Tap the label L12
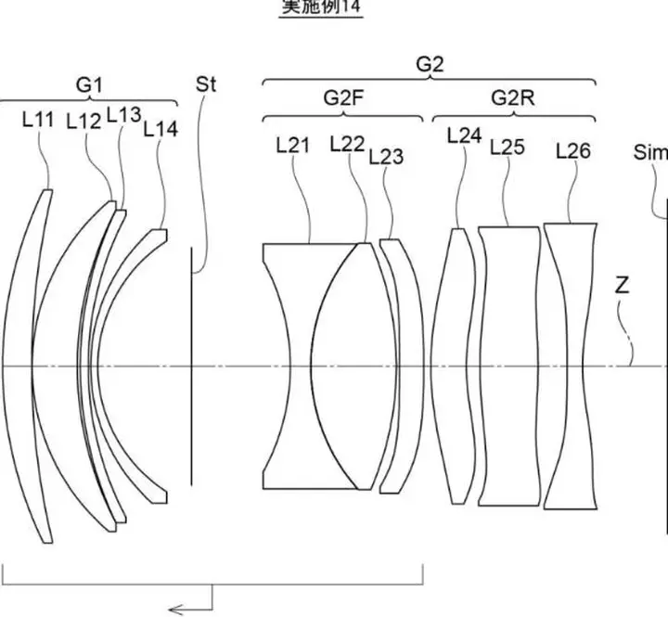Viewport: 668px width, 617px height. click(83, 121)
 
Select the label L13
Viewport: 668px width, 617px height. click(123, 114)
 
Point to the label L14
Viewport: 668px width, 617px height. click(161, 130)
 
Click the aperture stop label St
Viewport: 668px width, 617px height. click(206, 84)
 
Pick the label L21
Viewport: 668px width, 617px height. click(293, 144)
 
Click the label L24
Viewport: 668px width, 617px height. click(464, 135)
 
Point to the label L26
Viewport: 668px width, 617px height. click(572, 149)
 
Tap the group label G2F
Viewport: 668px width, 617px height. click(342, 97)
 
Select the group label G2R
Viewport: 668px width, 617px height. click(512, 97)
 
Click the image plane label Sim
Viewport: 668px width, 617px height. click(650, 151)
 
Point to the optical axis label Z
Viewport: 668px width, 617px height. click(622, 287)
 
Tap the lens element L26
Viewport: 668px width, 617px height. click(570, 366)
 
